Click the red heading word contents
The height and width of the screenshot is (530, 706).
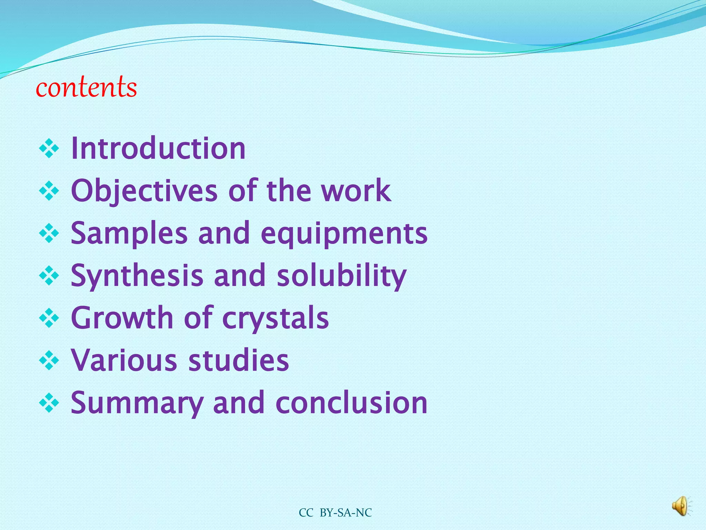tap(86, 87)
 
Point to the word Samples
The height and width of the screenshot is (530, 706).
tap(129, 233)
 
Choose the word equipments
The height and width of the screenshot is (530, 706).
tap(344, 233)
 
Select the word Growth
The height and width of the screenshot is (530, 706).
tap(122, 318)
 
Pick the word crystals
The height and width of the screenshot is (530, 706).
tap(276, 318)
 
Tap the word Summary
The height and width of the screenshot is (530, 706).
tap(137, 403)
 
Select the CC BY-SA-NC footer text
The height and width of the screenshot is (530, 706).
tap(335, 513)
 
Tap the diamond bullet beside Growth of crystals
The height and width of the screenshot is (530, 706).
tap(49, 318)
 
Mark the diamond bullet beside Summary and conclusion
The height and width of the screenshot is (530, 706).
tap(49, 403)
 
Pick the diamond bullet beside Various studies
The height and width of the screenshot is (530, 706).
tap(49, 360)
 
